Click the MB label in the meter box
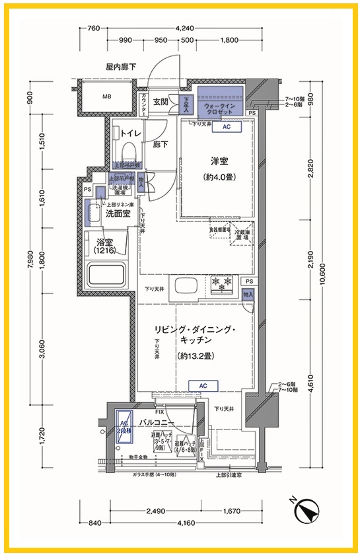[106, 98]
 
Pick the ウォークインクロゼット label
[219, 110]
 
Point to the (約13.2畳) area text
[194, 356]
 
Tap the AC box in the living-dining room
[203, 385]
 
